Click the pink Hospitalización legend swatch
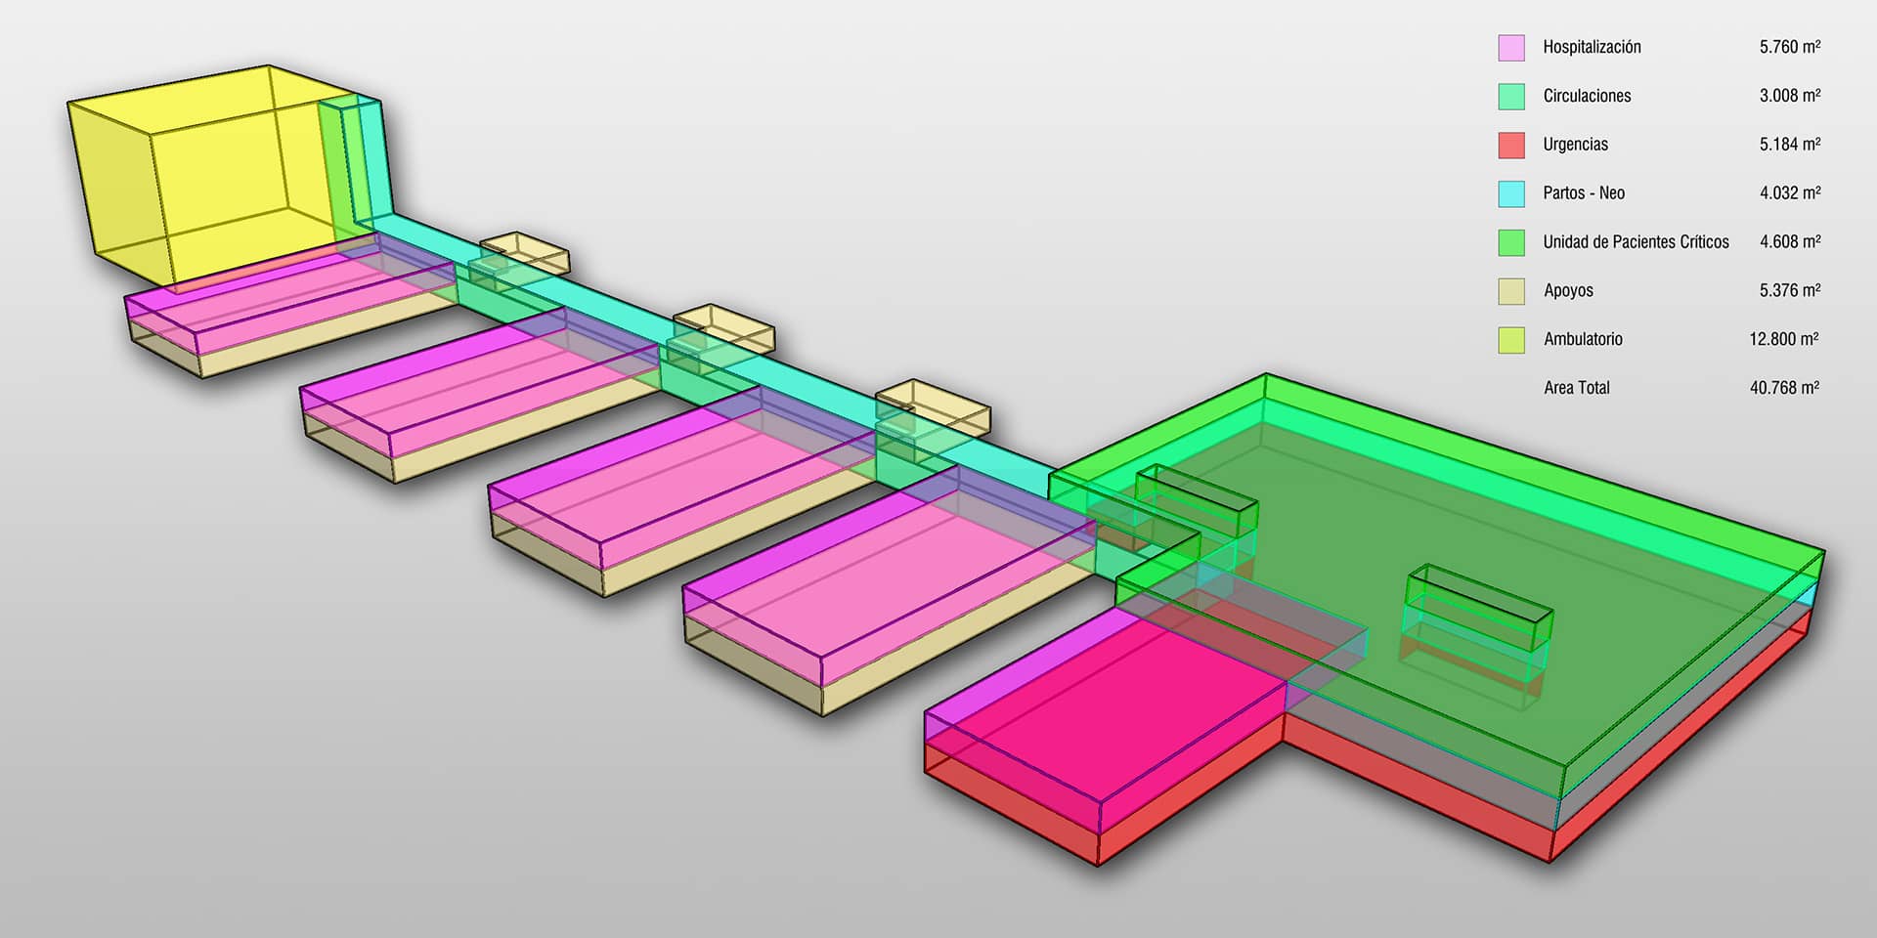tap(1511, 48)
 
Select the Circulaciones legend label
tap(1587, 96)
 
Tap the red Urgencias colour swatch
tap(1511, 146)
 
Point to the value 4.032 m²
tap(1790, 192)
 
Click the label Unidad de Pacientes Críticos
tap(1636, 241)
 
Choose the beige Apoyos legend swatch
tap(1511, 291)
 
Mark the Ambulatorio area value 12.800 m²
tap(1784, 339)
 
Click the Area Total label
tap(1577, 388)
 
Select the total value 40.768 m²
tap(1784, 388)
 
